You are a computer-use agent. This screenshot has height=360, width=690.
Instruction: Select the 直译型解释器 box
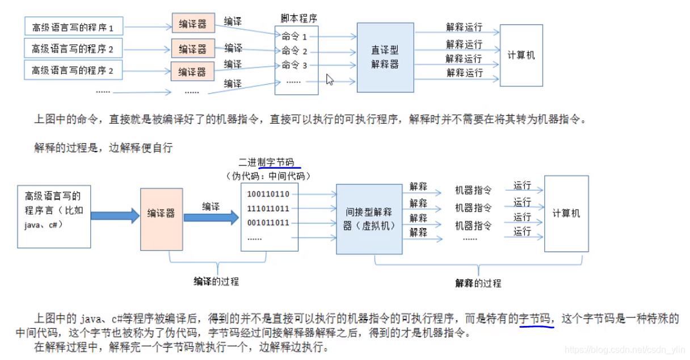coord(385,57)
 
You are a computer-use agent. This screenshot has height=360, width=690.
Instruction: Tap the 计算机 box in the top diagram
coord(521,56)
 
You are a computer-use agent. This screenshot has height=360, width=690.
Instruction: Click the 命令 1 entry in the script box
coord(294,37)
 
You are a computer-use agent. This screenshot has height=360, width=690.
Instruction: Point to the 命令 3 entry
coord(294,65)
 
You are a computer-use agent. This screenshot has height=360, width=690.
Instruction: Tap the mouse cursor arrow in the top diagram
coord(330,79)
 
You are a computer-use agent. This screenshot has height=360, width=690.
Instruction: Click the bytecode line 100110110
coord(268,194)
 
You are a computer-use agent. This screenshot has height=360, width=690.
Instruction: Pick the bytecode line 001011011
coord(268,223)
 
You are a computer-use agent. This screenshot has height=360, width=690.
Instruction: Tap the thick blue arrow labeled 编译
coord(212,216)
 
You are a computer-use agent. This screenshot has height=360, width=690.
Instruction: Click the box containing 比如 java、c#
coord(54,216)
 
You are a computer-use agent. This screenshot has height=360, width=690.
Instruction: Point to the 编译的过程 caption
coord(216,281)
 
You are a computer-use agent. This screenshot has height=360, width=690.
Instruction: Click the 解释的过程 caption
coord(478,283)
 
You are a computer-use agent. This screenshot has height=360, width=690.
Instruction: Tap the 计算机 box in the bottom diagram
coord(566,214)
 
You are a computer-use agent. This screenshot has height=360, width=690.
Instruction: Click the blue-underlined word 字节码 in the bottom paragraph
coord(535,319)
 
